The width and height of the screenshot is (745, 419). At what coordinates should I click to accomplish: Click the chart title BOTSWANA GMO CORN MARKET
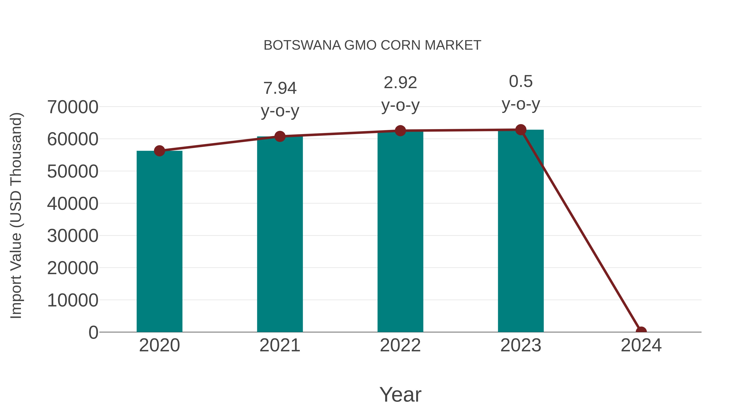tap(372, 45)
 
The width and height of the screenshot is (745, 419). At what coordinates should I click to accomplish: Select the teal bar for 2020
tap(159, 241)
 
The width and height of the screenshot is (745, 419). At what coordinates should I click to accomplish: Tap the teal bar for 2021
tap(280, 234)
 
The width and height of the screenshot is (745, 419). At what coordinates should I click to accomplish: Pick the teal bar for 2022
tap(400, 231)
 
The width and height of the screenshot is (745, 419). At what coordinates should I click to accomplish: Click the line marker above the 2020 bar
tap(159, 151)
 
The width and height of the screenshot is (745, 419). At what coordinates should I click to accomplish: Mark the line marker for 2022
tap(400, 131)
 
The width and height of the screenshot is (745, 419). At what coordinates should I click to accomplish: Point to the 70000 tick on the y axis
tap(73, 107)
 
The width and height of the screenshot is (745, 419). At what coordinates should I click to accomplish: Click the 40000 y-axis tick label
tap(73, 204)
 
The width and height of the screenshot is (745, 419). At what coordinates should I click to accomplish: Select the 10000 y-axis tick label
tap(73, 300)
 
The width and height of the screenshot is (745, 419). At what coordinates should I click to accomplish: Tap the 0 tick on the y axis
tap(93, 332)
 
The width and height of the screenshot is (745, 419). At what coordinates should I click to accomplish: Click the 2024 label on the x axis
tap(641, 345)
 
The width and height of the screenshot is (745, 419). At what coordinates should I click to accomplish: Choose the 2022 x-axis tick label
tap(400, 345)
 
